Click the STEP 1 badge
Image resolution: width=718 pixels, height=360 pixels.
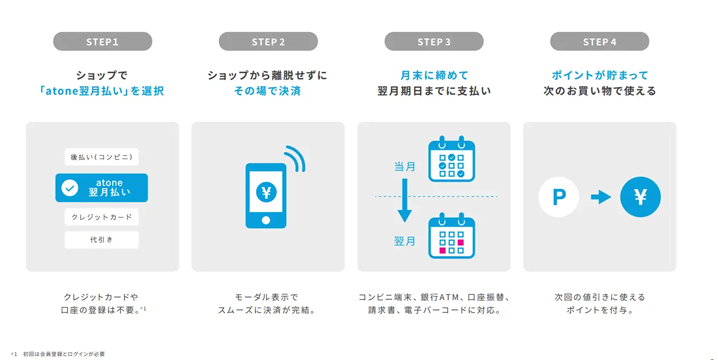click(102, 42)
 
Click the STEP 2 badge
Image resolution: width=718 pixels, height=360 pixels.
click(268, 42)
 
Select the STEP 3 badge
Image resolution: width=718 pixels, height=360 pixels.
click(434, 42)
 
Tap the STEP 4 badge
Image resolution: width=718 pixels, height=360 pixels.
click(599, 42)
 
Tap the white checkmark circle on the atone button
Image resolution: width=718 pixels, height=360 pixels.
click(70, 188)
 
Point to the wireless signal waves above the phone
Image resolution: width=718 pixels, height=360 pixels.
click(294, 160)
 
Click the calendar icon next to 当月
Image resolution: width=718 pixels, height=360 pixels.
click(451, 160)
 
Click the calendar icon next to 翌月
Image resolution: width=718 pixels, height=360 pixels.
click(451, 237)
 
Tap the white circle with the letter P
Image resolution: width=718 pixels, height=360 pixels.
click(559, 197)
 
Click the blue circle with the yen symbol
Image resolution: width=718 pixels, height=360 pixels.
click(640, 197)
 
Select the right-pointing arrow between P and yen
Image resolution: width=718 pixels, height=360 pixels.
click(600, 197)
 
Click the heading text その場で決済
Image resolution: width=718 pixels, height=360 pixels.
click(267, 91)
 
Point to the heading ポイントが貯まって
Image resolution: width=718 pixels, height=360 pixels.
click(599, 75)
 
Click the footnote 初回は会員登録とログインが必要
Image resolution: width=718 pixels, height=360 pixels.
click(64, 354)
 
